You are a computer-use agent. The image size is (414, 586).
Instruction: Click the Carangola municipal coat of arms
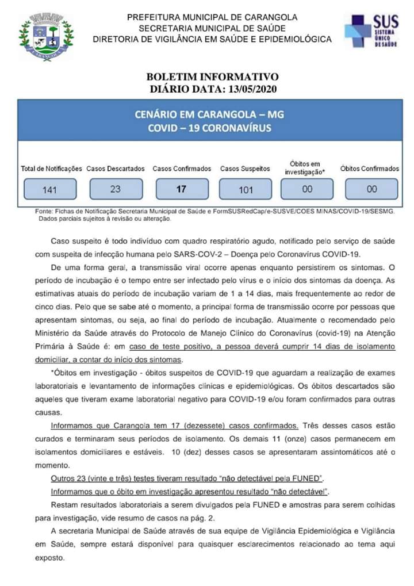pyautogui.click(x=46, y=36)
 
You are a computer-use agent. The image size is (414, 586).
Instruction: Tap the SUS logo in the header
pyautogui.click(x=371, y=32)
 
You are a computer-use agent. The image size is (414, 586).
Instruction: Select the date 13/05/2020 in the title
pyautogui.click(x=252, y=89)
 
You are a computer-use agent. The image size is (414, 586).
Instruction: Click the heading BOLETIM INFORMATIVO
pyautogui.click(x=212, y=77)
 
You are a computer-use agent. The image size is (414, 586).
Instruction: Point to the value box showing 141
pyautogui.click(x=49, y=189)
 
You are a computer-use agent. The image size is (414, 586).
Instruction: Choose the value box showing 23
pyautogui.click(x=115, y=188)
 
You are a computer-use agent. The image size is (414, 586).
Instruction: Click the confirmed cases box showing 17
pyautogui.click(x=181, y=188)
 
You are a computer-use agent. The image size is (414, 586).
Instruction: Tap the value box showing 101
pyautogui.click(x=246, y=189)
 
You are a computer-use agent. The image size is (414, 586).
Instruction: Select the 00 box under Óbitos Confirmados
pyautogui.click(x=371, y=188)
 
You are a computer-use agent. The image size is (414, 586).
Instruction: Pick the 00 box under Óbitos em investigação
pyautogui.click(x=307, y=188)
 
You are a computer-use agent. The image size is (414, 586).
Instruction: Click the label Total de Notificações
pyautogui.click(x=52, y=169)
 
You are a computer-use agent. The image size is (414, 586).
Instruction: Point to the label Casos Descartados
pyautogui.click(x=116, y=169)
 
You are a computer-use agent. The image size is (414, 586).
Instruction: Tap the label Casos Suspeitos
pyautogui.click(x=245, y=169)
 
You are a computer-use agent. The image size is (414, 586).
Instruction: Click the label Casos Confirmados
pyautogui.click(x=182, y=169)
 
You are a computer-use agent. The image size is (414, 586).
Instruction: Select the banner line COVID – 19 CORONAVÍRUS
pyautogui.click(x=209, y=128)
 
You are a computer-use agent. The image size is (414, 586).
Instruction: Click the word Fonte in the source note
pyautogui.click(x=44, y=212)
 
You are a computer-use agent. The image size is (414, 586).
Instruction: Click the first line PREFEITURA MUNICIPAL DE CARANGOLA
pyautogui.click(x=212, y=17)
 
